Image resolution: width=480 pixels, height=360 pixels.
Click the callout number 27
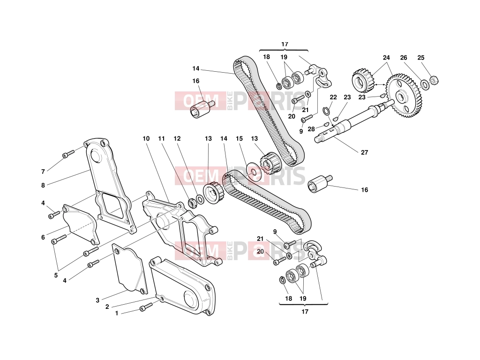point(364,152)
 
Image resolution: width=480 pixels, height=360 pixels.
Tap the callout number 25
point(421,58)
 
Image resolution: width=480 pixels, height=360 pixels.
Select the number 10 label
point(146,138)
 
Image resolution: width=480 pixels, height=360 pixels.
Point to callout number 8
point(43,185)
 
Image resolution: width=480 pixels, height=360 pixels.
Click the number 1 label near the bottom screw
point(117,313)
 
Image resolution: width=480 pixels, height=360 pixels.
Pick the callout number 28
point(311,129)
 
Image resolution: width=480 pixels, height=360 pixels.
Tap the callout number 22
point(333,97)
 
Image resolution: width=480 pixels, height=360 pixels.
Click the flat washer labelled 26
point(425,84)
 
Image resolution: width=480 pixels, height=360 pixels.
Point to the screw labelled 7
point(68,154)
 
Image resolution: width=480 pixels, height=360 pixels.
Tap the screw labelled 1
point(146,307)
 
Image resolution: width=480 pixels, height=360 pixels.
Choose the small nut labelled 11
point(191,203)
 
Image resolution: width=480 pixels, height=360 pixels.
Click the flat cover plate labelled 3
point(130,268)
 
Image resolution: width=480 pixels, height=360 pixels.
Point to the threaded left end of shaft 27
point(320,139)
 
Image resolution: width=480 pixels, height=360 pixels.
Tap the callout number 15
point(239,138)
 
